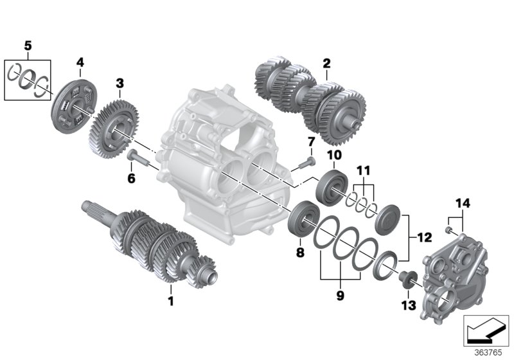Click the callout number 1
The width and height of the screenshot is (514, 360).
[x=171, y=300]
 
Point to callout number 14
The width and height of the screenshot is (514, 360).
[x=463, y=204]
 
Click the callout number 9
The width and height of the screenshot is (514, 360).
[x=341, y=296]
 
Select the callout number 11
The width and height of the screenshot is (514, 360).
[x=364, y=172]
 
